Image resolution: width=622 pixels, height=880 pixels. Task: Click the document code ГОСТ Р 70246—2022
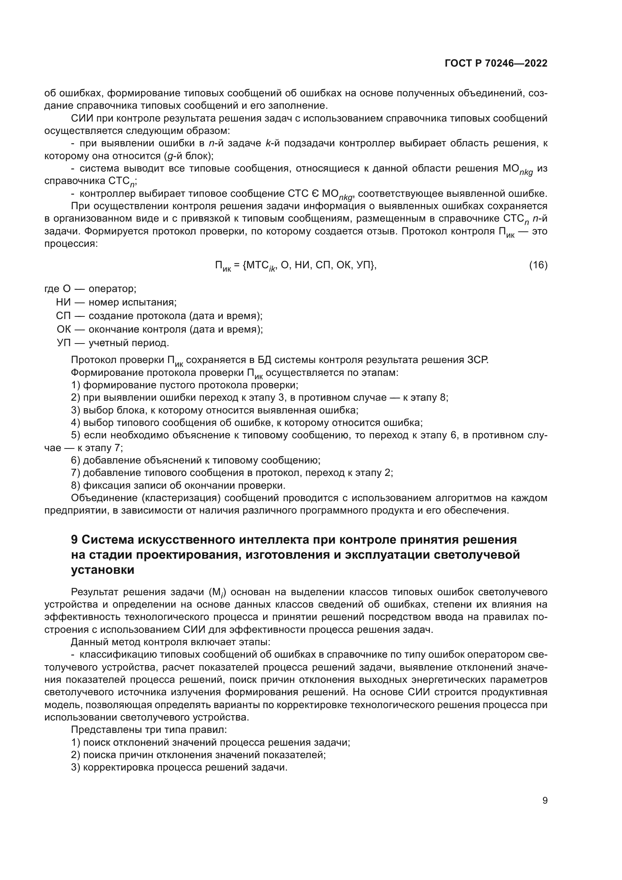496,64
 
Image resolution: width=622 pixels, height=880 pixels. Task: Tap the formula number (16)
538,265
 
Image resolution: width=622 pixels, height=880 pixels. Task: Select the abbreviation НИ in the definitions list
64,302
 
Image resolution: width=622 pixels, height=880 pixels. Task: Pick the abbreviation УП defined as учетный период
64,343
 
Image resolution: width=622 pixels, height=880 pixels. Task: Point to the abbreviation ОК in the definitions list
64,329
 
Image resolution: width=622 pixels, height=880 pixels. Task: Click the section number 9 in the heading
74,540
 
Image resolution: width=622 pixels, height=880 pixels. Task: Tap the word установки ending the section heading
103,570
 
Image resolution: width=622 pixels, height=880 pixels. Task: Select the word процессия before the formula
71,244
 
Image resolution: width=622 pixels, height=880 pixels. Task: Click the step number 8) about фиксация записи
76,486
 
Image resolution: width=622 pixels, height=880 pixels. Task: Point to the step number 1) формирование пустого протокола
76,385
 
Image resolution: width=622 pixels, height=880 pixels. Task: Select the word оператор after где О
112,289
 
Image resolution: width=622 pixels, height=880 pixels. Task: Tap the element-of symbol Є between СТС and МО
305,193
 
